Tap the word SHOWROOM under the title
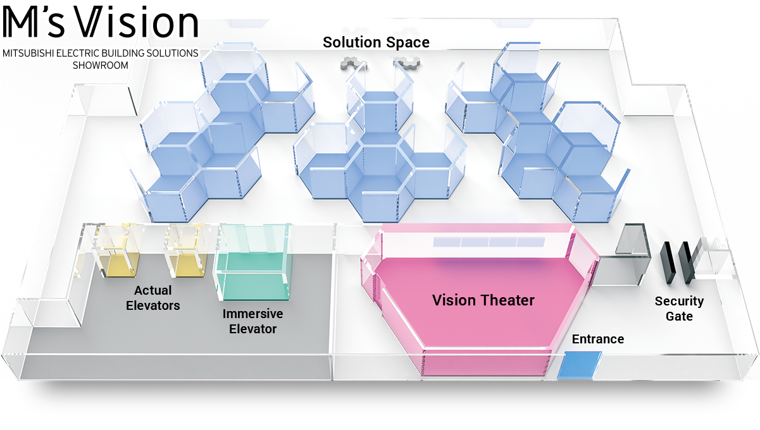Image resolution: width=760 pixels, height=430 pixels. pyautogui.click(x=100, y=64)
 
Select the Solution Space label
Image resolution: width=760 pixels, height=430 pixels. pyautogui.click(x=376, y=42)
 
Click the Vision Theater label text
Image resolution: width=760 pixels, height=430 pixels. pyautogui.click(x=483, y=300)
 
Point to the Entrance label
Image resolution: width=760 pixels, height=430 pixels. pyautogui.click(x=597, y=339)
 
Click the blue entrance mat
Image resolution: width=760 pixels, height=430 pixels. pyautogui.click(x=579, y=365)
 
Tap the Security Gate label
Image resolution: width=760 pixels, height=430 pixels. pyautogui.click(x=678, y=309)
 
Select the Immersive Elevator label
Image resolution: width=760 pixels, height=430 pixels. pyautogui.click(x=252, y=321)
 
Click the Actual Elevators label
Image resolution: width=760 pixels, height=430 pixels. pyautogui.click(x=153, y=298)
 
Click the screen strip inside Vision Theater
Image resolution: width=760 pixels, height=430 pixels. pyautogui.click(x=489, y=242)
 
